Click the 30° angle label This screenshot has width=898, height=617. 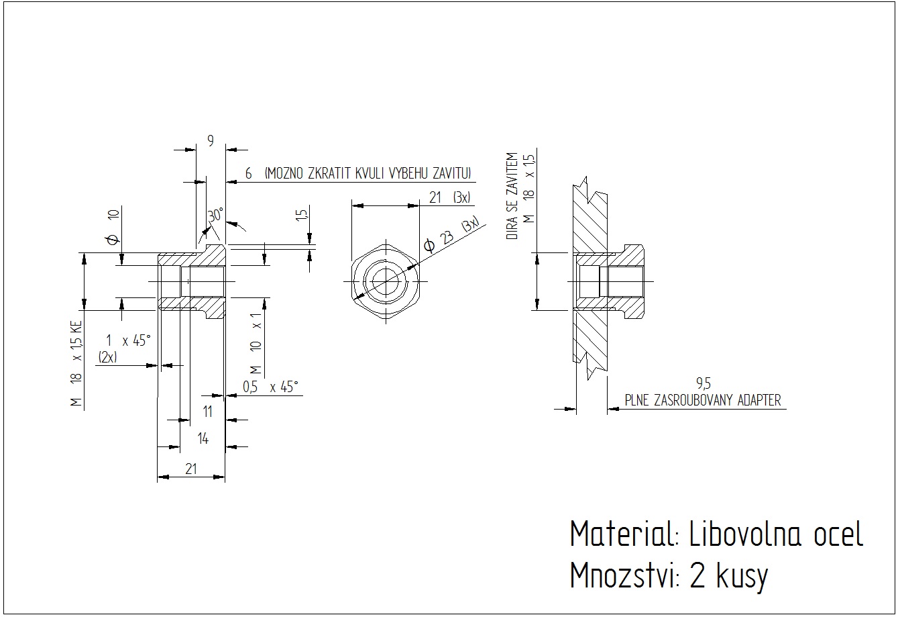215,216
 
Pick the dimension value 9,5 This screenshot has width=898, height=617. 703,384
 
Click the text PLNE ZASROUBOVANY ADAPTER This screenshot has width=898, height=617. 703,401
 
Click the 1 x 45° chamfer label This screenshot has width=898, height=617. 127,340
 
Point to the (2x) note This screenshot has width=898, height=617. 107,357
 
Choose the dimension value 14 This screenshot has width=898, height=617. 203,438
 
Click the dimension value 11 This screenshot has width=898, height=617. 207,411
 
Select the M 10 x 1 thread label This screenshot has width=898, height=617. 256,342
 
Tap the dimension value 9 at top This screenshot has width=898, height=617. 211,140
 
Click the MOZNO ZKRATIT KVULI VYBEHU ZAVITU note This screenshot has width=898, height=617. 368,173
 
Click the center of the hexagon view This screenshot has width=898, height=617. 386,280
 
